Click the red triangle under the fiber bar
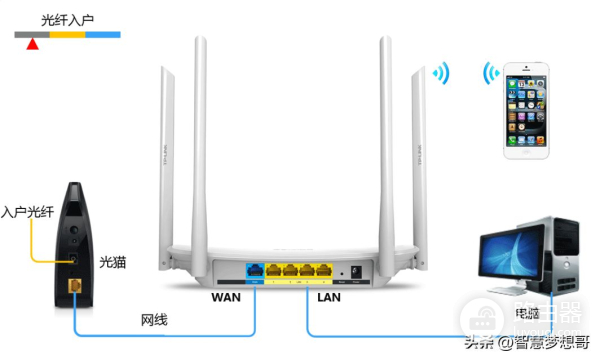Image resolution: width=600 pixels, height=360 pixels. [32, 44]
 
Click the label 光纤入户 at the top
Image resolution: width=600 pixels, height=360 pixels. [68, 19]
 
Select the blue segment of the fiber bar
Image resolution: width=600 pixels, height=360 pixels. [102, 35]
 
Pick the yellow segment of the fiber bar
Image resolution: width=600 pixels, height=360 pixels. [67, 35]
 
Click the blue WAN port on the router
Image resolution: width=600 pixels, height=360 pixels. [254, 270]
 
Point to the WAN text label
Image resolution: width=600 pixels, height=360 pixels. [225, 297]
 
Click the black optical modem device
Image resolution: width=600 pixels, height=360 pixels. [70, 240]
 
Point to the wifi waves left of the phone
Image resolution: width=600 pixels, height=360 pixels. [490, 75]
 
